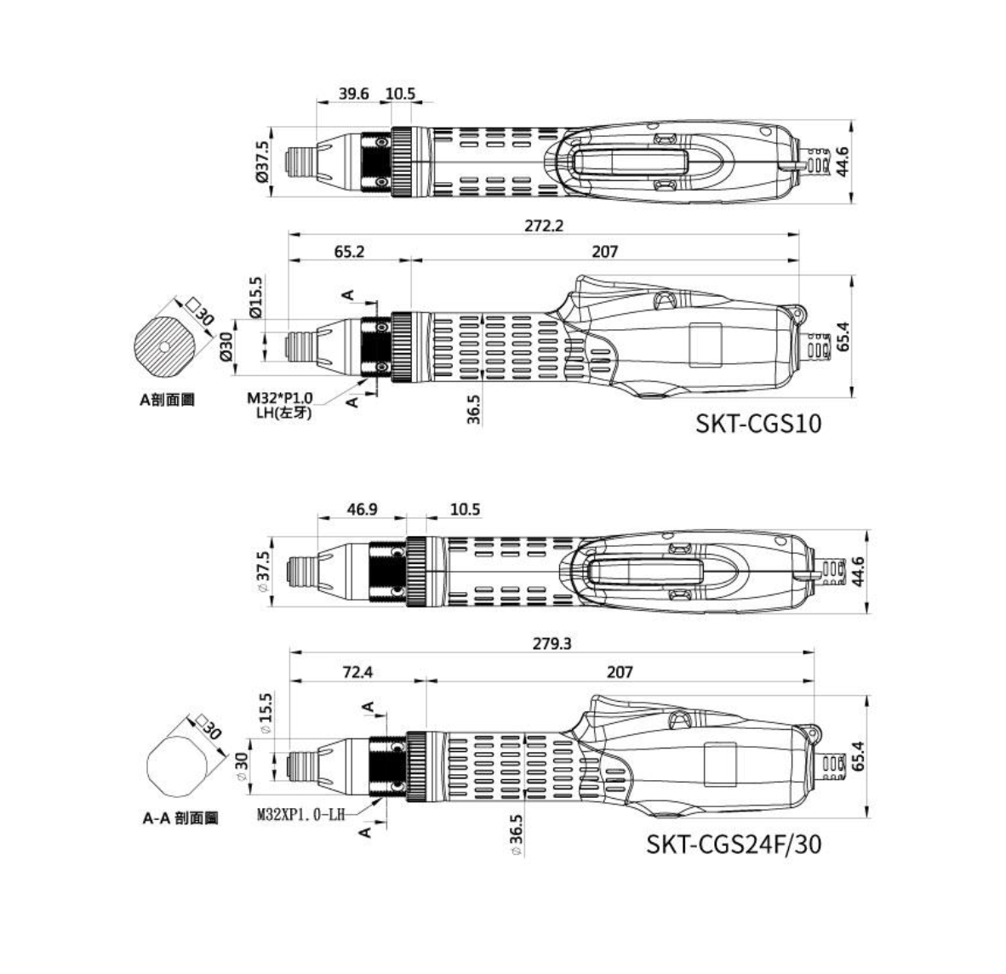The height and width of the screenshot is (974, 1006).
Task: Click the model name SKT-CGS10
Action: pyautogui.click(x=758, y=423)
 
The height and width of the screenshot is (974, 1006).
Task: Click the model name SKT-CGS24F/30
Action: pyautogui.click(x=734, y=844)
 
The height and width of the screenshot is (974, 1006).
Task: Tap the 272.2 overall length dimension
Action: pyautogui.click(x=544, y=225)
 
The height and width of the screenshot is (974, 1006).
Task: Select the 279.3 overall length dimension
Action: pyautogui.click(x=552, y=643)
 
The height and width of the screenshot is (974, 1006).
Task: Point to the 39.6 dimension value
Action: pyautogui.click(x=353, y=94)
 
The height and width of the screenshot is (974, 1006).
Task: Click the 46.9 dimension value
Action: pyautogui.click(x=363, y=510)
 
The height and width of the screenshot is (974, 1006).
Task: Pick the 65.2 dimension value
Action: pyautogui.click(x=349, y=251)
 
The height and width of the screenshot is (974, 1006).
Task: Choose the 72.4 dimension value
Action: pyautogui.click(x=357, y=672)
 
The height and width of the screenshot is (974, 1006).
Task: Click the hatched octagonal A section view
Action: pyautogui.click(x=164, y=346)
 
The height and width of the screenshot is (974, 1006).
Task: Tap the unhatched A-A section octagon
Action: pyautogui.click(x=178, y=766)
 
